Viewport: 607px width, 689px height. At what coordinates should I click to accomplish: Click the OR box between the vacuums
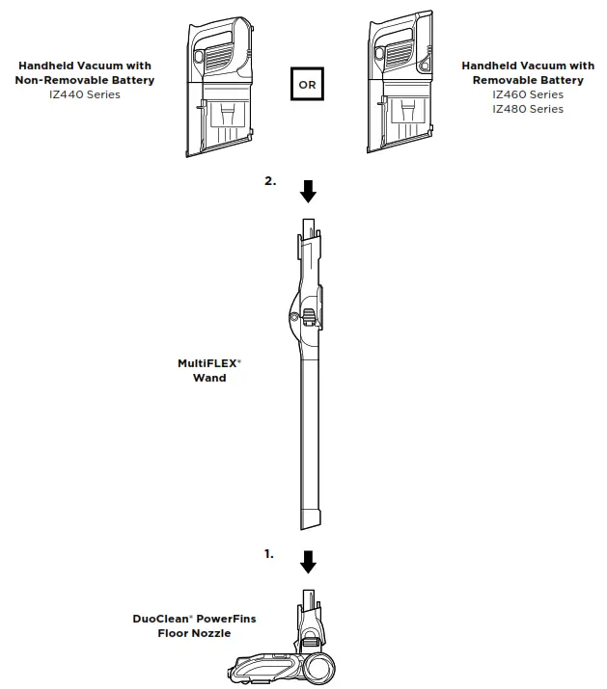point(308,84)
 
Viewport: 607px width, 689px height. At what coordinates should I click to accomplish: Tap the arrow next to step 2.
point(308,191)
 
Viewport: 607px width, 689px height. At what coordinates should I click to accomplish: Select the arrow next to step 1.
point(308,561)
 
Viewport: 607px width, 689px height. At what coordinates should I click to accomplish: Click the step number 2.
point(270,181)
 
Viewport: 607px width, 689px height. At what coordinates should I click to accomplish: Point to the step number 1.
point(269,554)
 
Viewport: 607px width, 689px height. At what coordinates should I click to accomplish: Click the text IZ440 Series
point(84,94)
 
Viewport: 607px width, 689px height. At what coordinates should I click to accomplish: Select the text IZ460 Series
point(527,94)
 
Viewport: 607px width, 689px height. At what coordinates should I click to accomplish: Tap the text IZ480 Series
point(527,109)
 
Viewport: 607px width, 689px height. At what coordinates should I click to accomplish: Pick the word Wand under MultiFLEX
point(209,378)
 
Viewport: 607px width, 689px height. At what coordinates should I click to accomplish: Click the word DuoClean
point(156,619)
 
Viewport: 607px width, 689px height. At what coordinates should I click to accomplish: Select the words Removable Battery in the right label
point(527,80)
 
